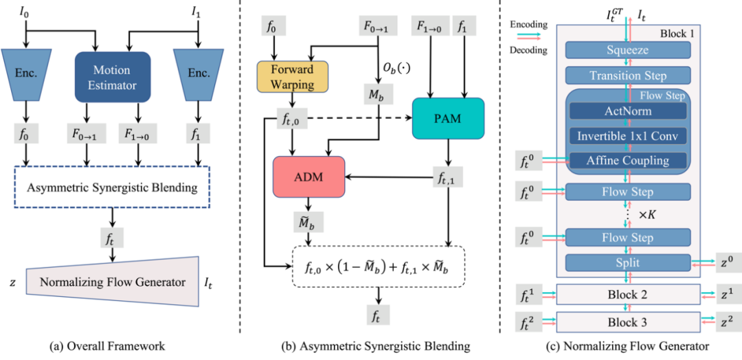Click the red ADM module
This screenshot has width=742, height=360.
coord(307,177)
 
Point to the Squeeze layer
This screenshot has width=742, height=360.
coord(627,49)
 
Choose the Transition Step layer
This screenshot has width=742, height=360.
coord(627,75)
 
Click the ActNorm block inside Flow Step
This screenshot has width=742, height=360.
coord(627,112)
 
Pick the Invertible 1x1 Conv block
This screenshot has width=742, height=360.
coord(627,136)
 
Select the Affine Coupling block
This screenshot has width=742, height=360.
coord(627,161)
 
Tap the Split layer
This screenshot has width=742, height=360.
coord(627,262)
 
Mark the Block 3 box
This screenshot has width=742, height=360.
coord(627,321)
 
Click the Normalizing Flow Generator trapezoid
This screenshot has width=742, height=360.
coord(113,282)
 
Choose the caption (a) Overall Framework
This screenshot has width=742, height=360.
coord(113,346)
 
